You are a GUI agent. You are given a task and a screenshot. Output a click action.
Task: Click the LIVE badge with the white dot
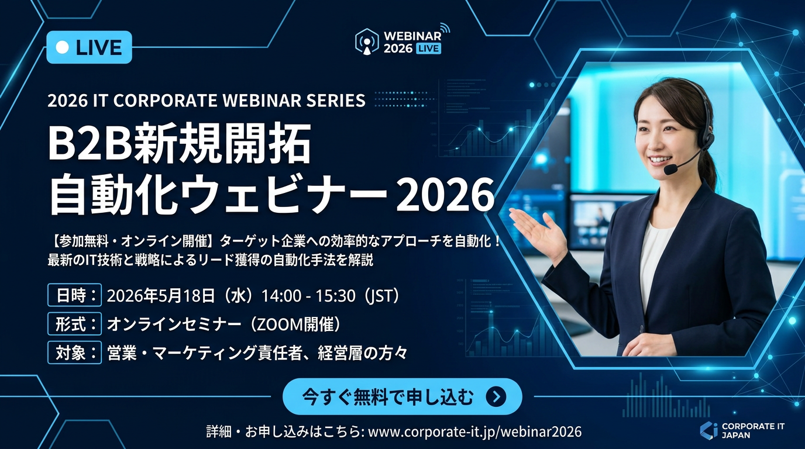[x=89, y=47]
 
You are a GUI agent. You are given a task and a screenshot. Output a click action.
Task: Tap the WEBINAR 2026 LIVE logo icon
[x=367, y=42]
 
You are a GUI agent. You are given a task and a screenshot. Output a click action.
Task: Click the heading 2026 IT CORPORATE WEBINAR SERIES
[x=207, y=101]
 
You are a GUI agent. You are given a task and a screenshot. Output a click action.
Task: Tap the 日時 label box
[x=75, y=296]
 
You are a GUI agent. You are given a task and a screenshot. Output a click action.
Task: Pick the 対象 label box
[x=75, y=353]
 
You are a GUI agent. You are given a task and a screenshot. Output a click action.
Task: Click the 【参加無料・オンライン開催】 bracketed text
[x=137, y=241]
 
